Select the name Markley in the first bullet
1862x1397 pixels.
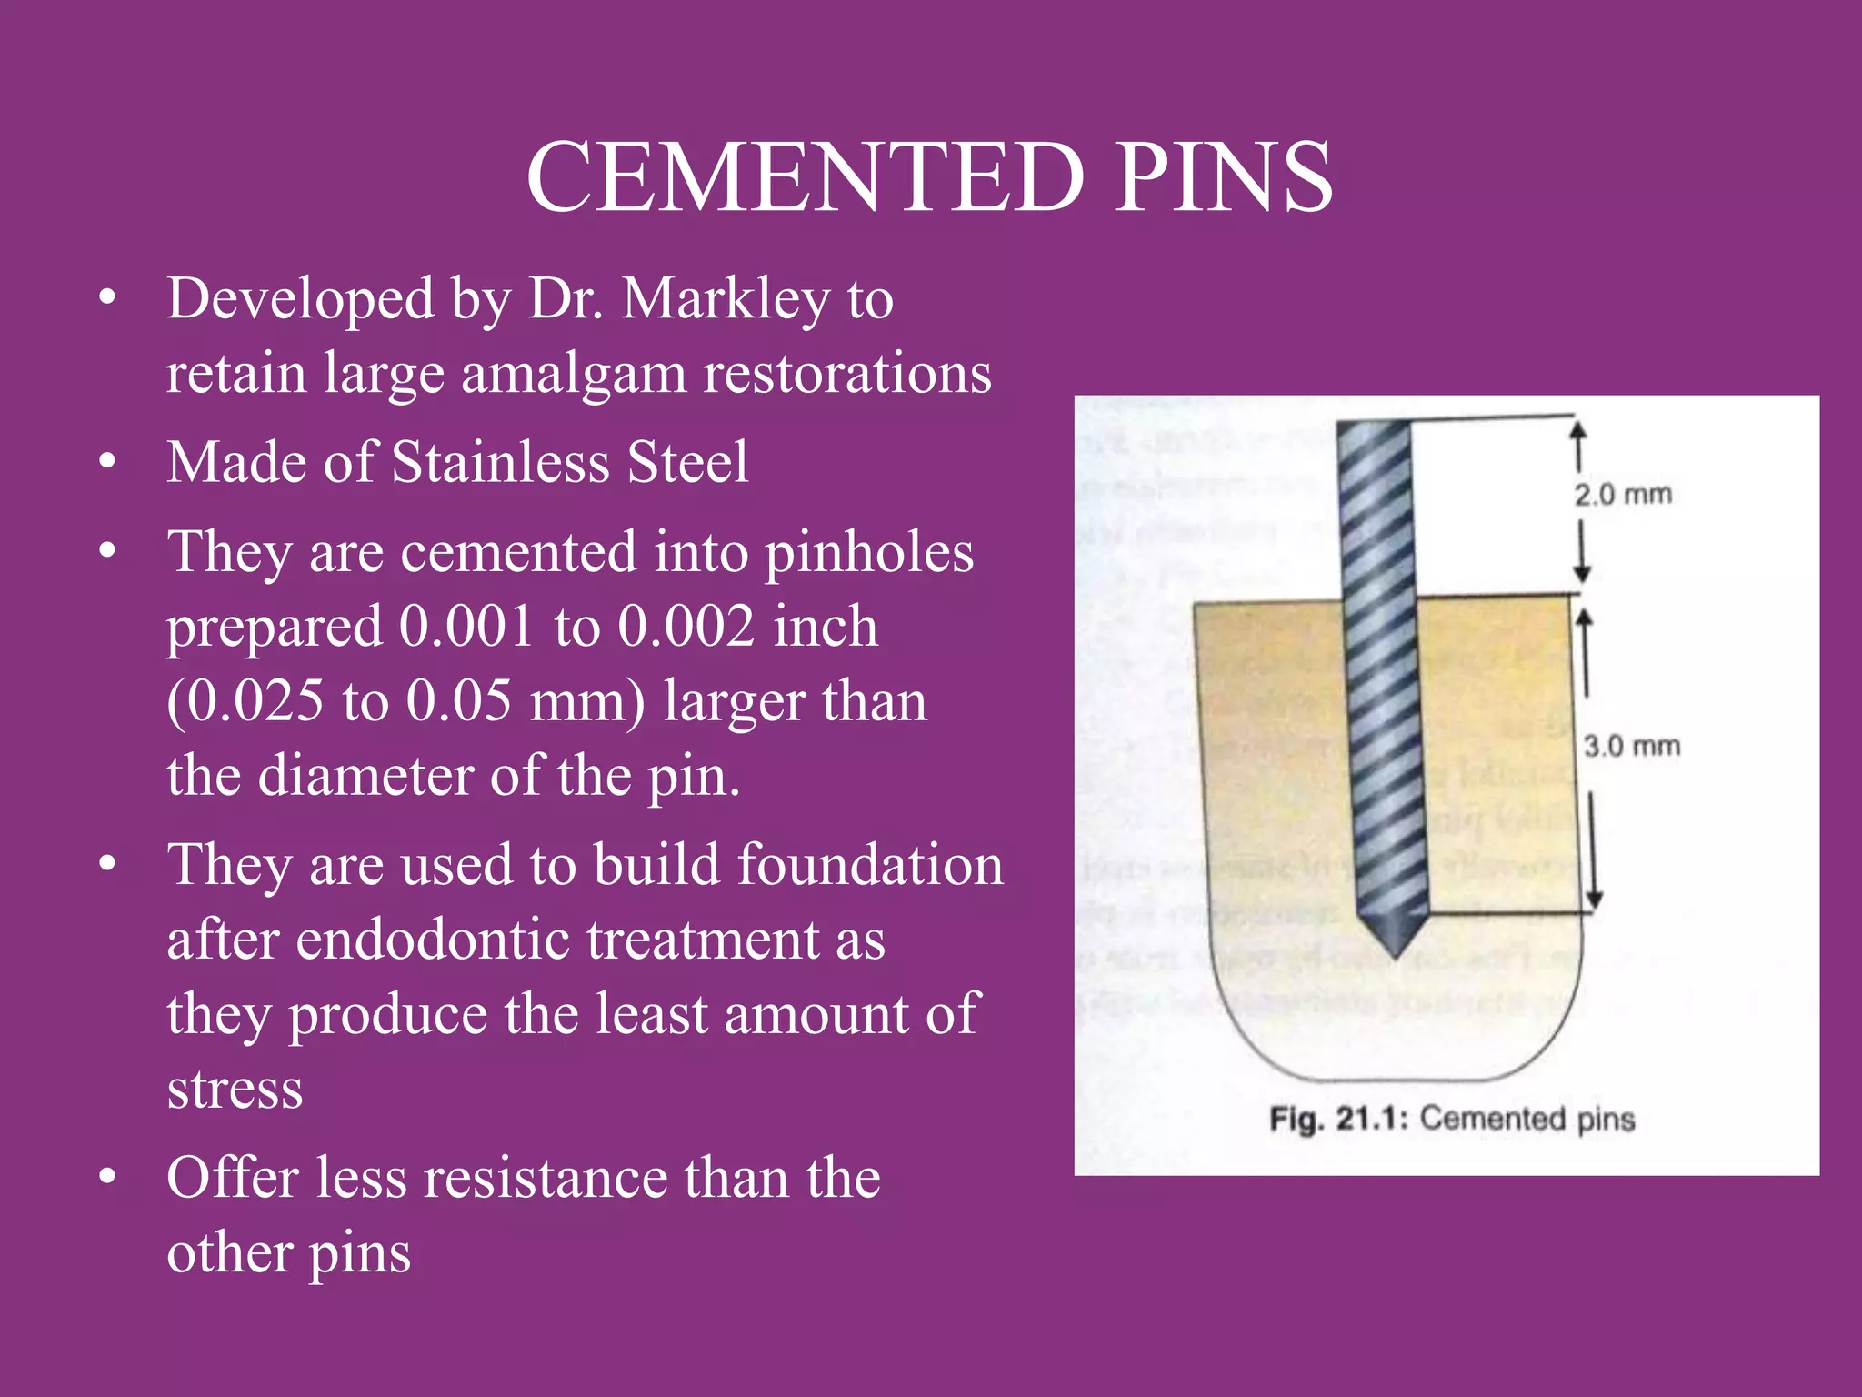point(724,299)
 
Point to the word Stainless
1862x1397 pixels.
point(498,462)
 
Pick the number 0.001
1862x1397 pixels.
point(465,627)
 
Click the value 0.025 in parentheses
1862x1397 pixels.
point(245,701)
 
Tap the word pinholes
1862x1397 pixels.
point(868,552)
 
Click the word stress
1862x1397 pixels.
point(235,1090)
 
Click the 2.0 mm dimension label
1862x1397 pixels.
point(1623,495)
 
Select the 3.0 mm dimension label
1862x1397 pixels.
point(1631,747)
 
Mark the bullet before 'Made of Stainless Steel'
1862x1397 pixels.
point(107,462)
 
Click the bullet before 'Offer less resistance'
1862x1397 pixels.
point(107,1178)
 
